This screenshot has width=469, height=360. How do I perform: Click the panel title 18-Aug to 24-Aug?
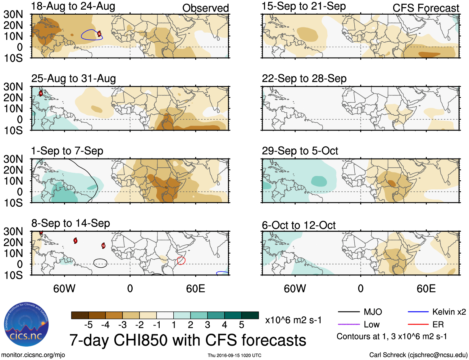[73, 6]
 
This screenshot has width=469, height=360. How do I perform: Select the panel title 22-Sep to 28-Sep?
[304, 79]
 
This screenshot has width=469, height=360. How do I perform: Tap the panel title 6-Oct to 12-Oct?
[299, 225]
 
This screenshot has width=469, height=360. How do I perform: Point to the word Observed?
[205, 8]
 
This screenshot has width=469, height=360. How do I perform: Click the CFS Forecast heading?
[426, 8]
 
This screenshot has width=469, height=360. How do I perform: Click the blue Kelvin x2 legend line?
[418, 312]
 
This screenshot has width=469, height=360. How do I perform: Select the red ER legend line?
[418, 325]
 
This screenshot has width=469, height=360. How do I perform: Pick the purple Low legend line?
[349, 325]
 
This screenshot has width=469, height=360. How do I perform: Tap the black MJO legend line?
[349, 312]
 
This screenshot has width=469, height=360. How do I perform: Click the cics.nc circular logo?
[26, 324]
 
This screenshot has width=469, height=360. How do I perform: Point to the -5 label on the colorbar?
[88, 325]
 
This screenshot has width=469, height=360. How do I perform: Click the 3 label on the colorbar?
[207, 325]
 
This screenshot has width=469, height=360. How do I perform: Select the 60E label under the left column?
[195, 289]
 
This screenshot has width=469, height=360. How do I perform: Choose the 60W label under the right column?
[295, 289]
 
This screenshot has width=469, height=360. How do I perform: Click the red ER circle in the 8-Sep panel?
[181, 261]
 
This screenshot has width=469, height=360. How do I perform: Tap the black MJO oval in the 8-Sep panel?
[100, 263]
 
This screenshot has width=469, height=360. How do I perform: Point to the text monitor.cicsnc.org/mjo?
[33, 355]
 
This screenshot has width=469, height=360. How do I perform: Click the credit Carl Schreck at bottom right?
[418, 355]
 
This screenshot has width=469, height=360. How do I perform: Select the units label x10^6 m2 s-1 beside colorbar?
[293, 320]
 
